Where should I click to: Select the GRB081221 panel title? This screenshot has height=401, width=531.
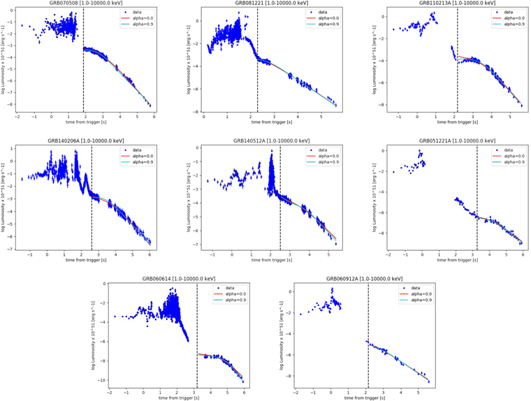tap(265, 4)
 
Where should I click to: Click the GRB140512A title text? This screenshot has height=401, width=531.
tap(265, 142)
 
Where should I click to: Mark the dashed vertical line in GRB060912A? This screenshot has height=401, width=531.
tap(368, 335)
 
